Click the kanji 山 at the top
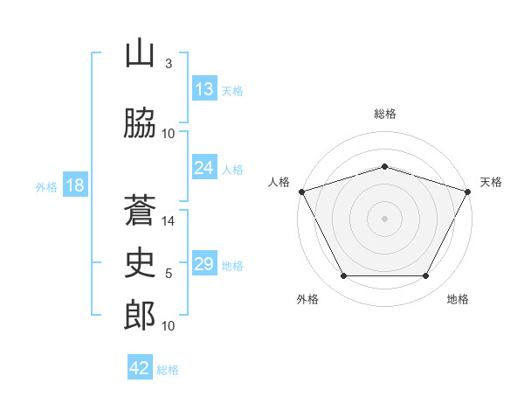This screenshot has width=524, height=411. [140, 54]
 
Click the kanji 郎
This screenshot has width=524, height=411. [140, 315]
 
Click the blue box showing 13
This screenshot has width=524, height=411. [204, 89]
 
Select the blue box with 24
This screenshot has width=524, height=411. [204, 168]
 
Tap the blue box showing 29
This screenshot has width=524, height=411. [204, 264]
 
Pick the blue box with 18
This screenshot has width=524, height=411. [74, 185]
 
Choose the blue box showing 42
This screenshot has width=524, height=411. [140, 368]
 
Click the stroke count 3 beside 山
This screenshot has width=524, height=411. [168, 64]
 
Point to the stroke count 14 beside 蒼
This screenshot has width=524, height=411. [169, 221]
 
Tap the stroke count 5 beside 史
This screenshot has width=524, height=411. [168, 274]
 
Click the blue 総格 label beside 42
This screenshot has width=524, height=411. [168, 370]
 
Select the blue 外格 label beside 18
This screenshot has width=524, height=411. [45, 186]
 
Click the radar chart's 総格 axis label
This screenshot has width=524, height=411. [384, 114]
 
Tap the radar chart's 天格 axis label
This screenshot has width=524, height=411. [491, 182]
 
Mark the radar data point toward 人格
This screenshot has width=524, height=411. [301, 192]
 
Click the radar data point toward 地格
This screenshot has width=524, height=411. [426, 276]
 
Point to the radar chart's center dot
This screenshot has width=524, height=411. [384, 218]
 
